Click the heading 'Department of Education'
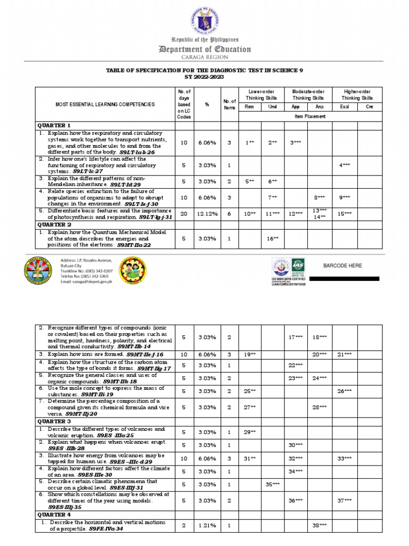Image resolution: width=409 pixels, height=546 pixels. [204, 49]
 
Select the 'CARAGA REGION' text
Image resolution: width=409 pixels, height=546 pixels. [204, 57]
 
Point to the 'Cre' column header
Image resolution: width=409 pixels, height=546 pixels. [370, 107]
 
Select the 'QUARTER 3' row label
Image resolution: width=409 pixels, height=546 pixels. [53, 421]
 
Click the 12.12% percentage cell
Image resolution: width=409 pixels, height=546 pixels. [207, 214]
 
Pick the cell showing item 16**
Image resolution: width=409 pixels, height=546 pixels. [273, 239]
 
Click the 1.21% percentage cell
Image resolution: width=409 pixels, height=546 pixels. [207, 526]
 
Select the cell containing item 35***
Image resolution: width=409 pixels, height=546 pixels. [273, 484]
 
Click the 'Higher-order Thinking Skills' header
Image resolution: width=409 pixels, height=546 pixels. [357, 94]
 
